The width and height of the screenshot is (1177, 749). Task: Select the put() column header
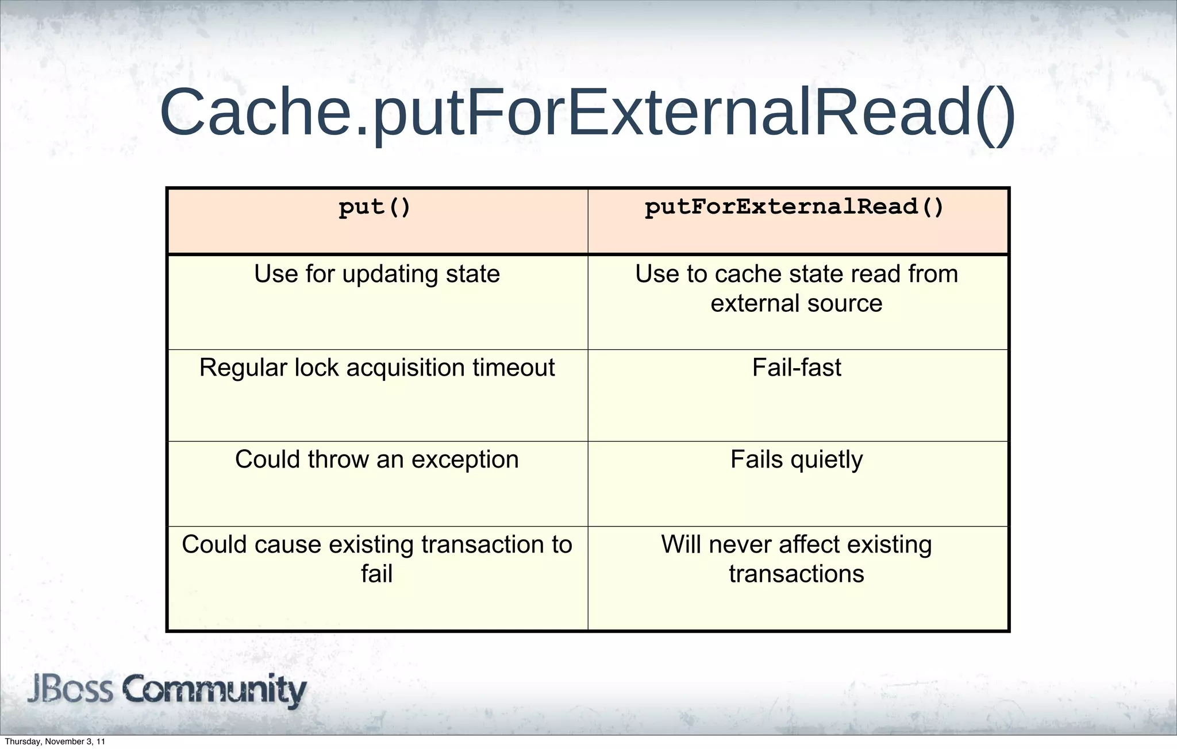pos(375,207)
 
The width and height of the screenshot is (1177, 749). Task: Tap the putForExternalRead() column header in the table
pos(794,207)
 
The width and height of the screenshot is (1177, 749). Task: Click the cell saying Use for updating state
pos(377,274)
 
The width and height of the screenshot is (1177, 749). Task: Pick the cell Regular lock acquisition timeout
pos(377,368)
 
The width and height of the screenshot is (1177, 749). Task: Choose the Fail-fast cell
pos(797,368)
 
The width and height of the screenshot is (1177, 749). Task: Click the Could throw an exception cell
pos(377,460)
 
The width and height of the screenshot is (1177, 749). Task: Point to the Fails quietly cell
pos(797,460)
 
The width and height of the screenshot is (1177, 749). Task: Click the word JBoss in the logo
pos(70,689)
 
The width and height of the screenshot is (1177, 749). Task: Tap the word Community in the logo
pos(215,690)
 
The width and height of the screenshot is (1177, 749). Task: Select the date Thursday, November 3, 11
pos(55,742)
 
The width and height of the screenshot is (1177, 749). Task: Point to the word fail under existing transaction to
pos(377,574)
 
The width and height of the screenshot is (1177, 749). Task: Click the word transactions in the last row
pos(797,574)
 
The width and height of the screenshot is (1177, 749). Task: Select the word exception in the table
pos(464,460)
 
